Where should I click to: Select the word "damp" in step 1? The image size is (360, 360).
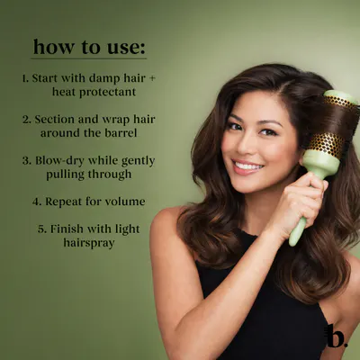pyautogui.click(x=105, y=78)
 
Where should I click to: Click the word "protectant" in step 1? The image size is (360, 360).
pyautogui.click(x=107, y=92)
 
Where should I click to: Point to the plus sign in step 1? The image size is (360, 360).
pyautogui.click(x=152, y=79)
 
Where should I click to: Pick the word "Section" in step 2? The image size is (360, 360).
pyautogui.click(x=55, y=120)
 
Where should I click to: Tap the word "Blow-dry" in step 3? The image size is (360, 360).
pyautogui.click(x=59, y=161)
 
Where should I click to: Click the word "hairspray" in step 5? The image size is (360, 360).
pyautogui.click(x=89, y=243)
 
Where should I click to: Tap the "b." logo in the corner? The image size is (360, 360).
pyautogui.click(x=336, y=336)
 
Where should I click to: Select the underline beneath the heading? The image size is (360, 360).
pyautogui.click(x=89, y=58)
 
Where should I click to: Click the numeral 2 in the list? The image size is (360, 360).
pyautogui.click(x=26, y=120)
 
